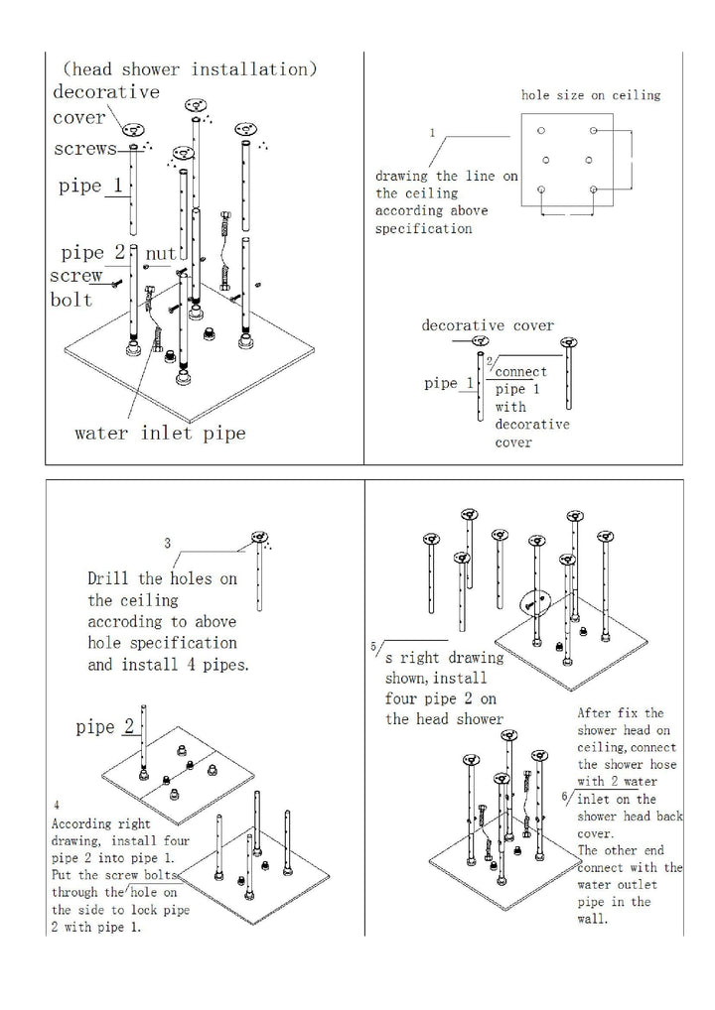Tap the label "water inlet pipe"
click(x=160, y=433)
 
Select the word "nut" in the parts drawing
click(x=160, y=255)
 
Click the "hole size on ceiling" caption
click(x=591, y=95)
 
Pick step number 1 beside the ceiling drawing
click(x=432, y=132)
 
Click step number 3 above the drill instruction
click(x=168, y=543)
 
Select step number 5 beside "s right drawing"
click(x=373, y=646)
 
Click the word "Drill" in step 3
click(x=108, y=578)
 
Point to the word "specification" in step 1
click(x=424, y=228)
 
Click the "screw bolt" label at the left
click(x=73, y=289)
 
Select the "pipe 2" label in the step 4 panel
click(x=105, y=727)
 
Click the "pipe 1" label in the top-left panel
click(x=93, y=187)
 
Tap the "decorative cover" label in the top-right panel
click(x=488, y=325)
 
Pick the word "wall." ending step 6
click(x=596, y=919)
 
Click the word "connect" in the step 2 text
click(x=521, y=371)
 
